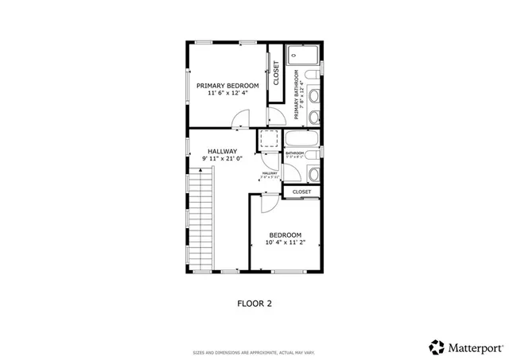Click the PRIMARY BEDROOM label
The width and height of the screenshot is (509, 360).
(x=227, y=85)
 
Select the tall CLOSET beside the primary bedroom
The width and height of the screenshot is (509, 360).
(x=276, y=74)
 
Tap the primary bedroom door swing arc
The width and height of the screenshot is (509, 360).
(x=240, y=120)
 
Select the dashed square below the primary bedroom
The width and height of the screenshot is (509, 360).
(x=267, y=140)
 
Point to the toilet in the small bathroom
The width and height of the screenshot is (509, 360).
(x=314, y=174)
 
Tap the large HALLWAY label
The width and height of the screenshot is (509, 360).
(x=223, y=151)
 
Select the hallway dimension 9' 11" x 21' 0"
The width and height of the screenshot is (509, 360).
(x=223, y=160)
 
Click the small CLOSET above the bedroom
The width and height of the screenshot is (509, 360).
(x=301, y=192)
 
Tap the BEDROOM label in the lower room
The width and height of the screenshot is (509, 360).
(x=285, y=234)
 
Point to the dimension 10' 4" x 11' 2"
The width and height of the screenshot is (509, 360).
(x=285, y=243)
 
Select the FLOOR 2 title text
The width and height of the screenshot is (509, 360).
(x=254, y=303)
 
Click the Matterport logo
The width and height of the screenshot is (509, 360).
(x=466, y=346)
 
